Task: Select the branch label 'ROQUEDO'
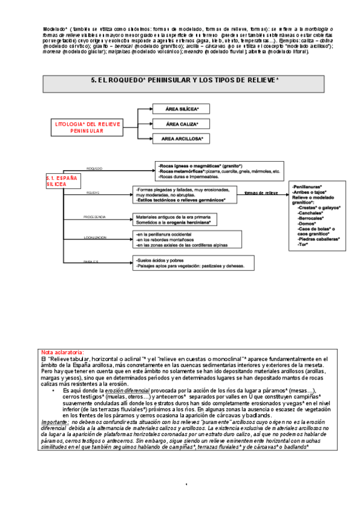coord(95,168)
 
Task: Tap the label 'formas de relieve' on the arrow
coord(261,193)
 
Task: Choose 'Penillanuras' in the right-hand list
coord(307,186)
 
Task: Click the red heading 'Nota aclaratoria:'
coord(63,352)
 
